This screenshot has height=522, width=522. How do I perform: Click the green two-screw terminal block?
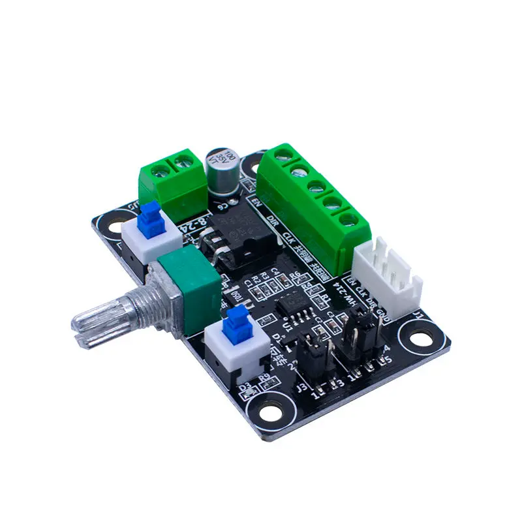tap(173, 177)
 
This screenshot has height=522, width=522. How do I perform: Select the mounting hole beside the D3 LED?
tap(268, 410)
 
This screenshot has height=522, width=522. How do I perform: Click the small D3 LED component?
tap(246, 390)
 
